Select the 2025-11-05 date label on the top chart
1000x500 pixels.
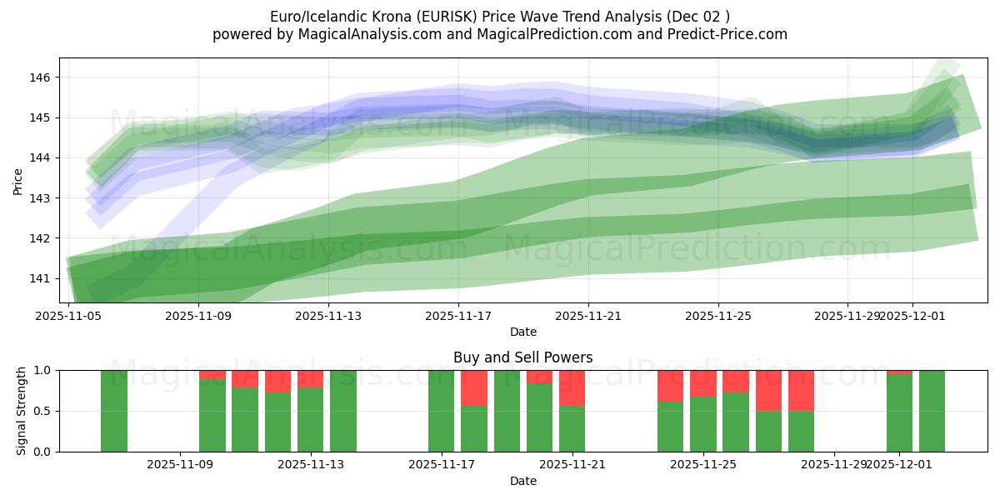(x=68, y=316)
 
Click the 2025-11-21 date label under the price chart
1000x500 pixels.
(x=589, y=316)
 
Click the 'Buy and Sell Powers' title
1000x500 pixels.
(x=522, y=357)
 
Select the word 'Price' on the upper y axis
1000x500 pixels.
(x=18, y=181)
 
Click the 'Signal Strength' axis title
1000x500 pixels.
(x=22, y=411)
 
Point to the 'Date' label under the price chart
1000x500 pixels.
(x=522, y=332)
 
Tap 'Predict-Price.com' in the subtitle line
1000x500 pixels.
(x=722, y=34)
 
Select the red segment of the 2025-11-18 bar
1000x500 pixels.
(x=474, y=387)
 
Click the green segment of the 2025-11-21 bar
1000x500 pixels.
(x=572, y=428)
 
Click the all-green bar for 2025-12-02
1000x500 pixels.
(x=932, y=411)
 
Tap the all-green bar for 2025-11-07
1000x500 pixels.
(x=114, y=411)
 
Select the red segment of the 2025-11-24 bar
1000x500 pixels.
(x=670, y=386)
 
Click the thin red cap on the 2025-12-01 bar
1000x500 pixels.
(x=899, y=372)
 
